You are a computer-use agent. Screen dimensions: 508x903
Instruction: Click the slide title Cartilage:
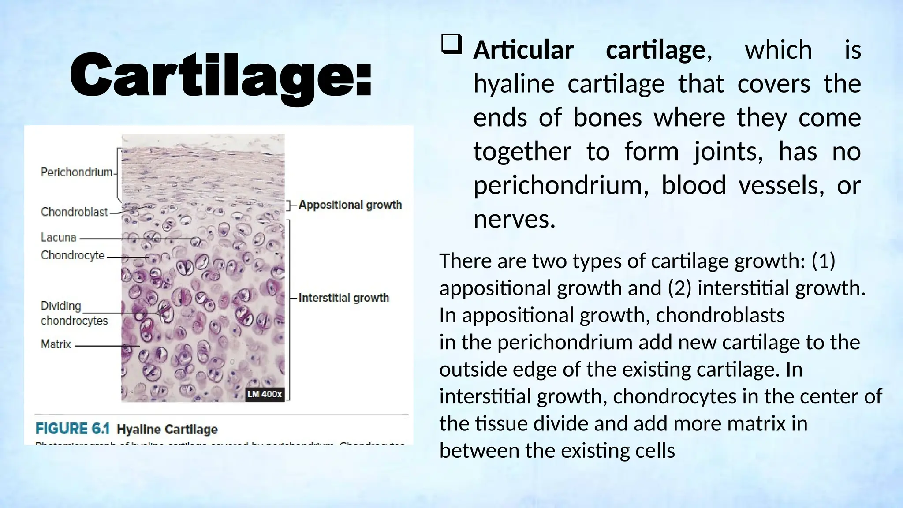(220, 75)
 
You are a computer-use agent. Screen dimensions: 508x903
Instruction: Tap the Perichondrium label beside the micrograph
(76, 172)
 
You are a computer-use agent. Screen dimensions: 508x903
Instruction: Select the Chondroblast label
(74, 212)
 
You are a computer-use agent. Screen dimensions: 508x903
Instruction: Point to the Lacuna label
(58, 238)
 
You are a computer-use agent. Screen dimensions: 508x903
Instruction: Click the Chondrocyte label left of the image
(73, 255)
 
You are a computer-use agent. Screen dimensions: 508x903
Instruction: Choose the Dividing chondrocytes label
(74, 313)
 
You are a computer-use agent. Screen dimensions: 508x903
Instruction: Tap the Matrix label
(56, 344)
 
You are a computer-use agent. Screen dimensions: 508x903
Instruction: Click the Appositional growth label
(350, 205)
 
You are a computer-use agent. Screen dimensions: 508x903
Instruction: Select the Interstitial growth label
(343, 298)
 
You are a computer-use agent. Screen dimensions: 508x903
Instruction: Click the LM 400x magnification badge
(264, 394)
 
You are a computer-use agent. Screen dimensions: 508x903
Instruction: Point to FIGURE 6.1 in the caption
(72, 429)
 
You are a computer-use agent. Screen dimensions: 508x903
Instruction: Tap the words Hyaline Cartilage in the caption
(167, 430)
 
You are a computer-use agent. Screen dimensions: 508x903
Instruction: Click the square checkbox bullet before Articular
(451, 45)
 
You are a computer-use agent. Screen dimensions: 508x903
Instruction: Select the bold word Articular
(523, 50)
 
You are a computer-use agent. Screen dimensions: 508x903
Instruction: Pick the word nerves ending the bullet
(514, 220)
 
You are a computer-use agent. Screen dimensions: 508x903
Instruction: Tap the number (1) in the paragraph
(823, 261)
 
